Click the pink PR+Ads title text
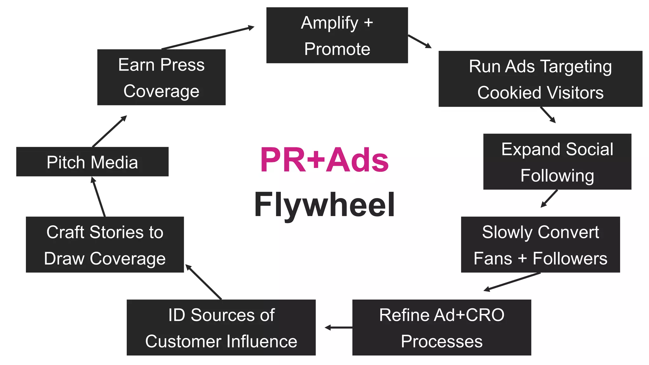point(324,160)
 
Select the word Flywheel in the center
point(324,205)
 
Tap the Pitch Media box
point(92,162)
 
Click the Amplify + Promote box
point(337,35)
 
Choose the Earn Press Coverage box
point(161,77)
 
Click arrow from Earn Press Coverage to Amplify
point(208,38)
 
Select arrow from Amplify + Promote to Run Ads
point(420,42)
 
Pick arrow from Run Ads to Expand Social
point(548,115)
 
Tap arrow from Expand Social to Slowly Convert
point(549,199)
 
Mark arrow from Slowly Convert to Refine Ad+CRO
point(512,282)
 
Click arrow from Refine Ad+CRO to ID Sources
point(338,327)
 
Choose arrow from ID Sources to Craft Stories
point(203,282)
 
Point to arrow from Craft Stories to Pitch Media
point(98,197)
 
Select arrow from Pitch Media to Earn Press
point(109,131)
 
